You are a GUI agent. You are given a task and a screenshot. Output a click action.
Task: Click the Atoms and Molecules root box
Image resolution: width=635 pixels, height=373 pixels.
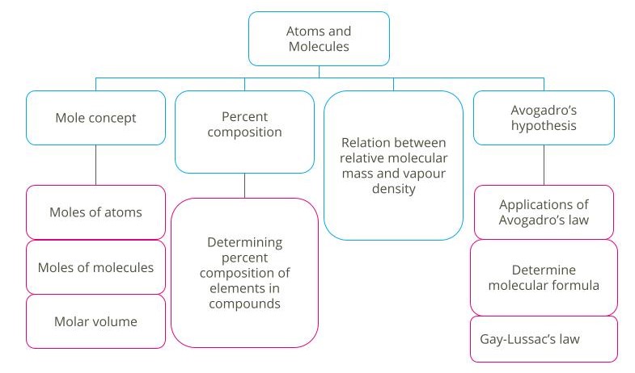(x=318, y=39)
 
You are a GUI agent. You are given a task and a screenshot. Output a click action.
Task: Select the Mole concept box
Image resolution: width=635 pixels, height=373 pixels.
(x=95, y=118)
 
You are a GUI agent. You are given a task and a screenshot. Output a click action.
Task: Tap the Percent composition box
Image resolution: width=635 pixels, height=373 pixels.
(x=244, y=131)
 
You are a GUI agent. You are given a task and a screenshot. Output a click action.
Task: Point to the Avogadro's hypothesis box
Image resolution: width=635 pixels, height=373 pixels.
(x=544, y=118)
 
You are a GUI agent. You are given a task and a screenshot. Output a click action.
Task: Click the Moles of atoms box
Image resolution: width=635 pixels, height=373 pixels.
(x=95, y=212)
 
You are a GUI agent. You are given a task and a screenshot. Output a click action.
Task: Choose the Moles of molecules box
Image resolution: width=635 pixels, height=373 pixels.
(x=95, y=267)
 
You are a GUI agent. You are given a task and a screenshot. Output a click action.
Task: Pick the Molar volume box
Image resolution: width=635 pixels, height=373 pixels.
(x=95, y=321)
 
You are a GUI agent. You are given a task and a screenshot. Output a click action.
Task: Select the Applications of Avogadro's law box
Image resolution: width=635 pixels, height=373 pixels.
(x=544, y=212)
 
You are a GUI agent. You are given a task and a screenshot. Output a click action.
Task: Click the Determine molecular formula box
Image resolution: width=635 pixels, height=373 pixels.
(x=544, y=277)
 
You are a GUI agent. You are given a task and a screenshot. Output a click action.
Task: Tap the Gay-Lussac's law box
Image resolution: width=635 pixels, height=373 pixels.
(x=544, y=338)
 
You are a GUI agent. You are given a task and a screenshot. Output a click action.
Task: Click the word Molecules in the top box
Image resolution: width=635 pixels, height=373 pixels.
(x=318, y=47)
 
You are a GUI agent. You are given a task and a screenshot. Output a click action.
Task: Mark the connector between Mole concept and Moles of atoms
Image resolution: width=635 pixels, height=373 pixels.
(x=95, y=165)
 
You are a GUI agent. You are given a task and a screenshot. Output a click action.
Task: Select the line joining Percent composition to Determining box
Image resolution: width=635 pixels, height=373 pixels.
(x=244, y=186)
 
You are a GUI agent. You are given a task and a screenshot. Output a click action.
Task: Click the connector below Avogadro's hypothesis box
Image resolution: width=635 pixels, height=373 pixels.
(x=544, y=165)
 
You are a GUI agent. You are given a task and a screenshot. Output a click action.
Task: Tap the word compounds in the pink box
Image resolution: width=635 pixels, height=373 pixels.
(x=244, y=304)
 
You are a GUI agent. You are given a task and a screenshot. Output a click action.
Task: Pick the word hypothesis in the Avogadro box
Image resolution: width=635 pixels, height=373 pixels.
(x=544, y=126)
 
